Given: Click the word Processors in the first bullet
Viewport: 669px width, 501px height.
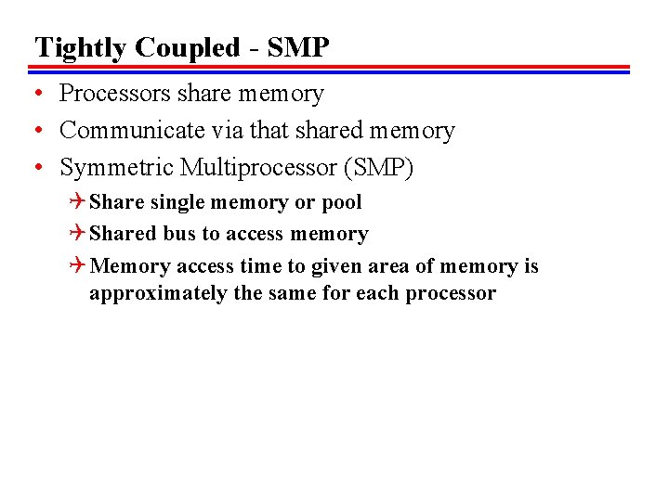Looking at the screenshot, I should pyautogui.click(x=114, y=94).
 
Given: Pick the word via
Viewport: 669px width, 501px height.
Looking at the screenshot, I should pyautogui.click(x=220, y=131).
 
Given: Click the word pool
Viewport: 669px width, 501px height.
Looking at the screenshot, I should pyautogui.click(x=341, y=202).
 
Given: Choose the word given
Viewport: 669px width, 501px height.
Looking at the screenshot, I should pyautogui.click(x=336, y=267).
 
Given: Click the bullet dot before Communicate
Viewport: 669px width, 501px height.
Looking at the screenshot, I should pyautogui.click(x=38, y=131).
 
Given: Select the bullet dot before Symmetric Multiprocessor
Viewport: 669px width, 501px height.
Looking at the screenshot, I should pyautogui.click(x=38, y=168).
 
